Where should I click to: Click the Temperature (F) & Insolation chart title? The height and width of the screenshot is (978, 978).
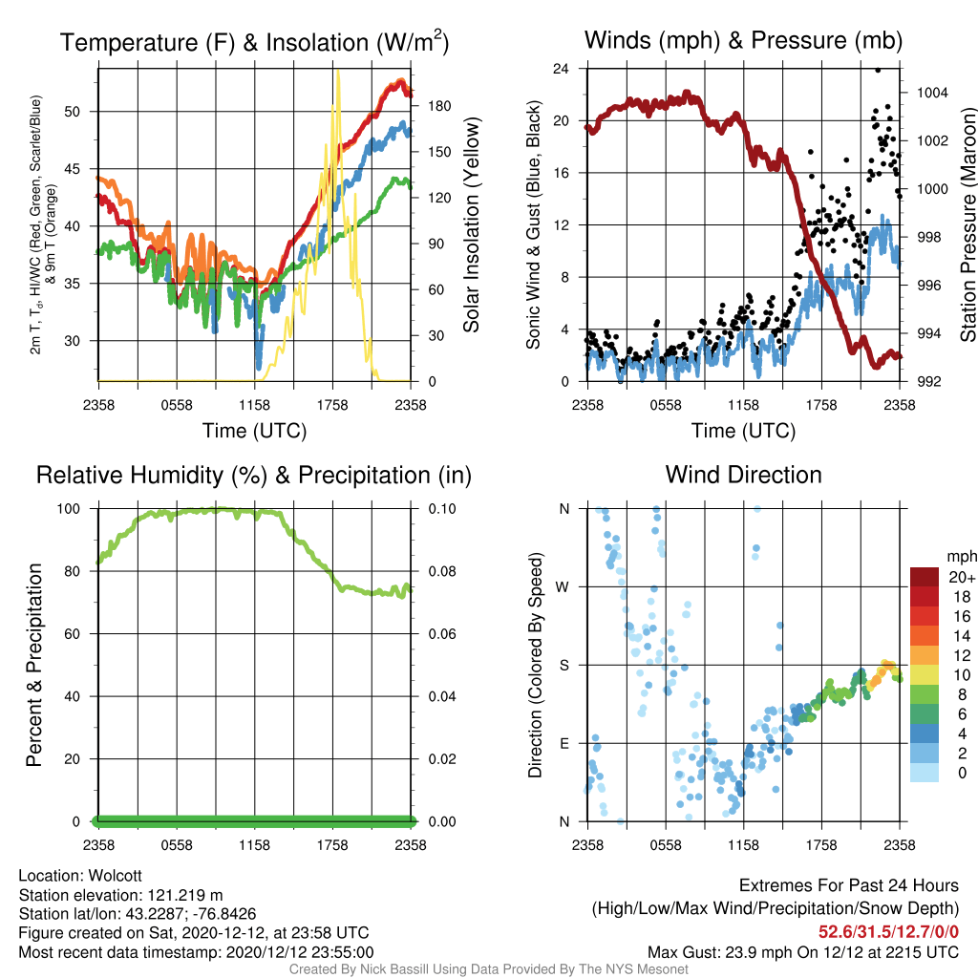[x=254, y=42]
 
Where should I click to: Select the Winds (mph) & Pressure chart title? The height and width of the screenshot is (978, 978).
[x=743, y=40]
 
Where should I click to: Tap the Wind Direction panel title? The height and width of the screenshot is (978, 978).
[x=743, y=475]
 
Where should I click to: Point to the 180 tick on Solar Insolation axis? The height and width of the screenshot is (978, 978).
[x=439, y=106]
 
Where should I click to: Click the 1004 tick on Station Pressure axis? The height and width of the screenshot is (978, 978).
[x=932, y=93]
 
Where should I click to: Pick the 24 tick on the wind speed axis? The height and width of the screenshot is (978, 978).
[x=561, y=68]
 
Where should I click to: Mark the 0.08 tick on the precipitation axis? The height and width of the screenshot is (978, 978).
[x=441, y=571]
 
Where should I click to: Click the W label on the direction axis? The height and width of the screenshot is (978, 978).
[x=563, y=587]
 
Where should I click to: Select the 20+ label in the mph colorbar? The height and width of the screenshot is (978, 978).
[x=961, y=578]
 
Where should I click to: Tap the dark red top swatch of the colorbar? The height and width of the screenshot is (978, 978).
[x=924, y=577]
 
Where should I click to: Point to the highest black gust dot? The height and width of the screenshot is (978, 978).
[x=878, y=70]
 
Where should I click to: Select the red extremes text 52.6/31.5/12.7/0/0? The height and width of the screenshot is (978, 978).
[x=888, y=932]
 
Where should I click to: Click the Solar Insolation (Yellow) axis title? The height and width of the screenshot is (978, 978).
[x=472, y=224]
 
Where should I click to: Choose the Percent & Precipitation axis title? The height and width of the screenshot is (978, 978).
[x=33, y=665]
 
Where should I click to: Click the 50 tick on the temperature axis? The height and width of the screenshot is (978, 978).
[x=73, y=112]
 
